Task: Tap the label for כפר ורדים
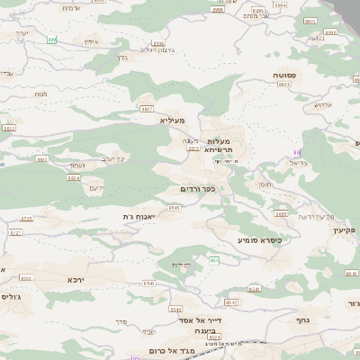click(x=197, y=189)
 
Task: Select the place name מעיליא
click(x=172, y=121)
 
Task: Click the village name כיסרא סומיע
click(x=259, y=240)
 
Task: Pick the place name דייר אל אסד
click(x=201, y=319)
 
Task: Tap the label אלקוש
click(x=322, y=104)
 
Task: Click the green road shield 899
click(x=52, y=39)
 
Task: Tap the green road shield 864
click(x=214, y=260)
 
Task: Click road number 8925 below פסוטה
click(x=284, y=85)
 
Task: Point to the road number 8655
click(x=282, y=214)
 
